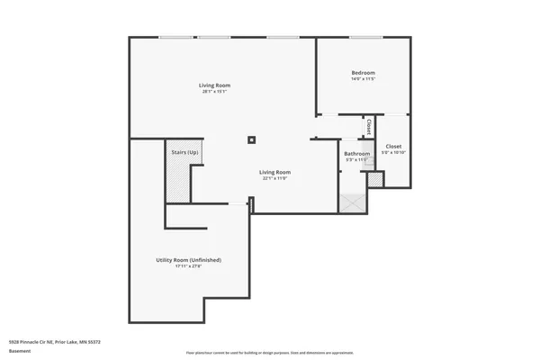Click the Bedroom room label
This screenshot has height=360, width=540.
pos(363,72)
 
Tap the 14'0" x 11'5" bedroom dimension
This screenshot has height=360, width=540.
pos(363,79)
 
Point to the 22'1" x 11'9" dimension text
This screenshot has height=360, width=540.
pos(274,178)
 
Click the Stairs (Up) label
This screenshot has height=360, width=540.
pos(185,152)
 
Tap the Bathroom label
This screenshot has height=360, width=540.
pos(357,154)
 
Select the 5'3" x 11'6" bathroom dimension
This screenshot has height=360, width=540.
pos(357,160)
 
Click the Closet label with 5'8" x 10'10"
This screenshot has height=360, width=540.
pos(393,146)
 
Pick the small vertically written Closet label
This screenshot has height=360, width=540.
pos(369,128)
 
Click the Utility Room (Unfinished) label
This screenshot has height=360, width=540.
pos(188,259)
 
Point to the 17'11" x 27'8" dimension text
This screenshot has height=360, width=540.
pos(188,266)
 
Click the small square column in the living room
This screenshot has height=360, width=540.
pos(253,139)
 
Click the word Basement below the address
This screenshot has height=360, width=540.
pos(20,350)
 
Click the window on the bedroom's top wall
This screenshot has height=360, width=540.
pos(362,37)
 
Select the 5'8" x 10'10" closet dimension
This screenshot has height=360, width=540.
pos(393,152)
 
